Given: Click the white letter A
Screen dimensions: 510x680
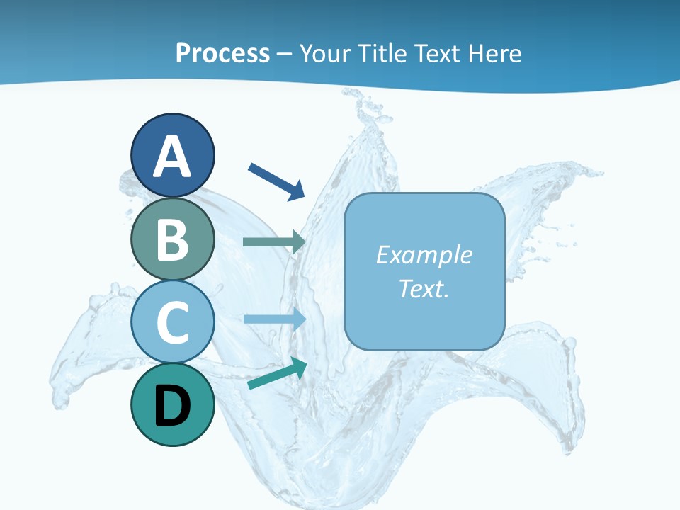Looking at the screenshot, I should tap(173, 157).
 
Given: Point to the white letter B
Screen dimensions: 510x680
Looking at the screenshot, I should tap(173, 241).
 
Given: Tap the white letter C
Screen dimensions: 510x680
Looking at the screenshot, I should tap(173, 323).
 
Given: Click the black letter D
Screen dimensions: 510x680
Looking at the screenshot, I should tap(173, 407).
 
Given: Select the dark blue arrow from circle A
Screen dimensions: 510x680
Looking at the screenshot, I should tap(276, 181).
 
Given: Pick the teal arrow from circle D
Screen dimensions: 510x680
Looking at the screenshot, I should tap(277, 373).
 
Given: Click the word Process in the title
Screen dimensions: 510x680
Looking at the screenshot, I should tap(222, 54).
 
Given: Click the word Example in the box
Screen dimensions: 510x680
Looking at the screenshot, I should tap(424, 255).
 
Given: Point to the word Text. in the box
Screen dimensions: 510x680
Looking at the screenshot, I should tap(424, 289).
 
